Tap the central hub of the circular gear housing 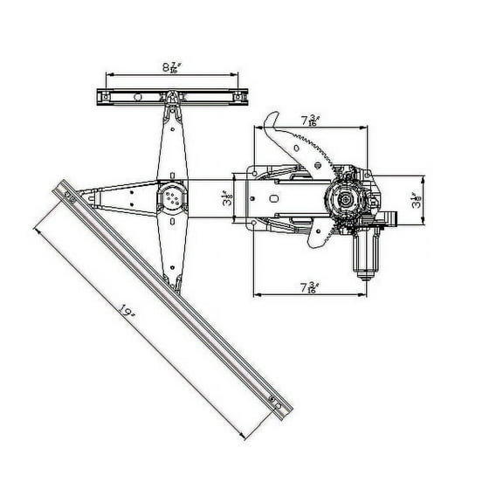346,202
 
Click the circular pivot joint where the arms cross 171,198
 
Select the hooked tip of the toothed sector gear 272,118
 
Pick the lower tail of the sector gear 314,241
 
